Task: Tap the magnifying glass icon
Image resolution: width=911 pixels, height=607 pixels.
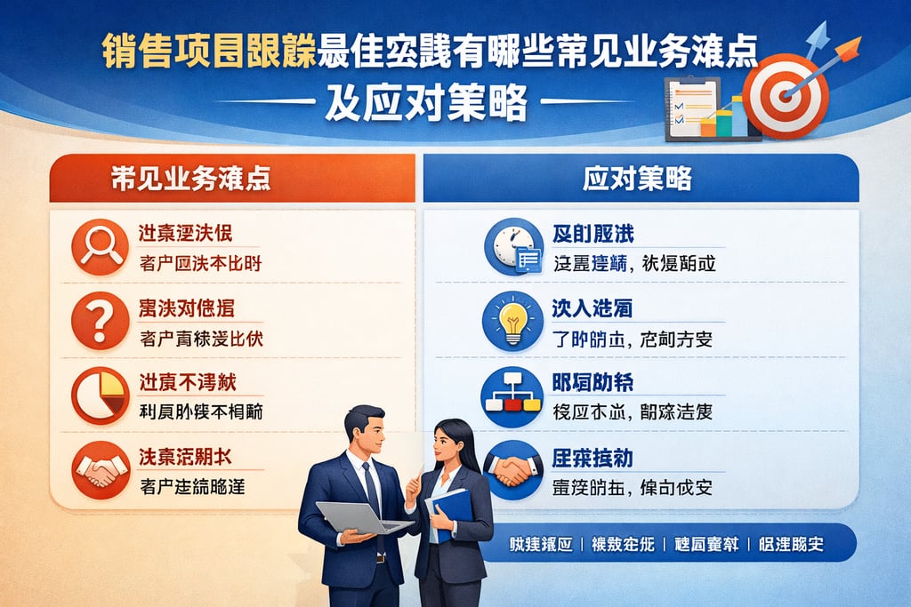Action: tap(101, 245)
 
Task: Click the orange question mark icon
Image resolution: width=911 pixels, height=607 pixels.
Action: tap(101, 321)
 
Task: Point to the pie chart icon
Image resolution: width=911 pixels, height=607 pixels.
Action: tap(101, 394)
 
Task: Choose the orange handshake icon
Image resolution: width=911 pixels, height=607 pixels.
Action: tap(101, 468)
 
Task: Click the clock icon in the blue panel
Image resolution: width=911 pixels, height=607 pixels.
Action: tap(513, 246)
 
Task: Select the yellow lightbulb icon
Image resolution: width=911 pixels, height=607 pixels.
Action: tap(512, 320)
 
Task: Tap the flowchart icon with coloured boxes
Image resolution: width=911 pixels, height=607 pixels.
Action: tap(512, 394)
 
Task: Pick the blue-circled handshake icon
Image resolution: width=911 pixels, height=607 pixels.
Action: tap(512, 468)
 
